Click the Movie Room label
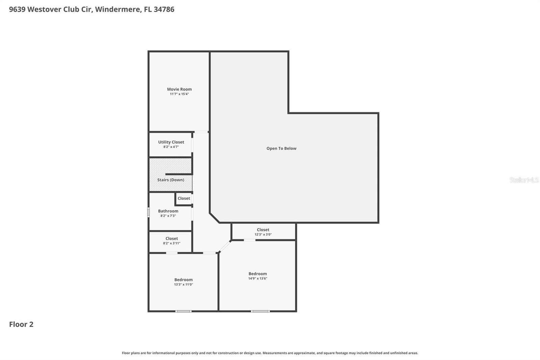coord(179,89)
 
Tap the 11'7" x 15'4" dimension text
coord(179,94)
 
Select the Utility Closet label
coord(171,142)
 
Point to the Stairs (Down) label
coord(171,180)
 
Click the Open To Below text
coord(281,148)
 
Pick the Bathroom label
coord(168,211)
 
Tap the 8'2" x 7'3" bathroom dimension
coord(168,216)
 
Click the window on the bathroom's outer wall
coord(148,212)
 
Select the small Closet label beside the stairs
coord(184,198)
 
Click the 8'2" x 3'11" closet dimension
coord(172,243)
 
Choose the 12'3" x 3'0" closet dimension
coord(263,234)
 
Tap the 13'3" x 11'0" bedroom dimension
coord(183,284)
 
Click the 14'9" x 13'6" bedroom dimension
coord(258,278)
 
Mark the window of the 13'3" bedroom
coord(183,311)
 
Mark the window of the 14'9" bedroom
coord(260,311)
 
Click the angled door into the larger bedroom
coord(225,247)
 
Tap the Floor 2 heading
coord(21,324)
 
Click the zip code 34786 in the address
coord(164,9)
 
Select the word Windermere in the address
coord(117,9)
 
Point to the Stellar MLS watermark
coord(524,180)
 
